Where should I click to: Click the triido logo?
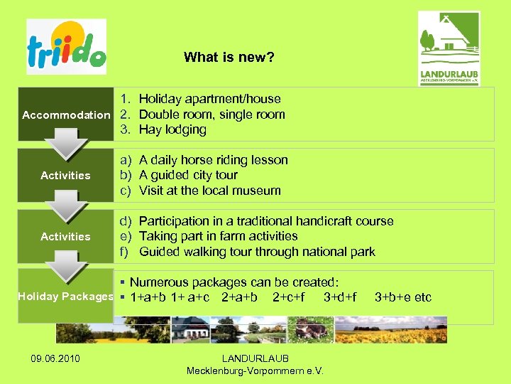click(66, 47)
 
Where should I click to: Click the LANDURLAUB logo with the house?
click(449, 48)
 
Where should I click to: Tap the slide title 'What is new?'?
click(229, 57)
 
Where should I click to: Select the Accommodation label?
click(66, 114)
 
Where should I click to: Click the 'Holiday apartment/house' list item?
click(209, 99)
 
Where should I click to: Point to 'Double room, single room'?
click(211, 114)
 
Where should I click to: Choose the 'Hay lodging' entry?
click(172, 129)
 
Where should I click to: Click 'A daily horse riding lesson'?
click(213, 160)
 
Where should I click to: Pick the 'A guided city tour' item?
click(188, 175)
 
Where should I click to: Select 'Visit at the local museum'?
click(209, 191)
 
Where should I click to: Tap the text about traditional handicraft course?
click(266, 221)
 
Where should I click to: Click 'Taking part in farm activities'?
click(218, 236)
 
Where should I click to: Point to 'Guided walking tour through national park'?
click(257, 252)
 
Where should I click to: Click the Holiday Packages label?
click(65, 297)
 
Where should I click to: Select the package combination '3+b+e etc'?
click(402, 297)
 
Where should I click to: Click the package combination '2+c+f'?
click(288, 297)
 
